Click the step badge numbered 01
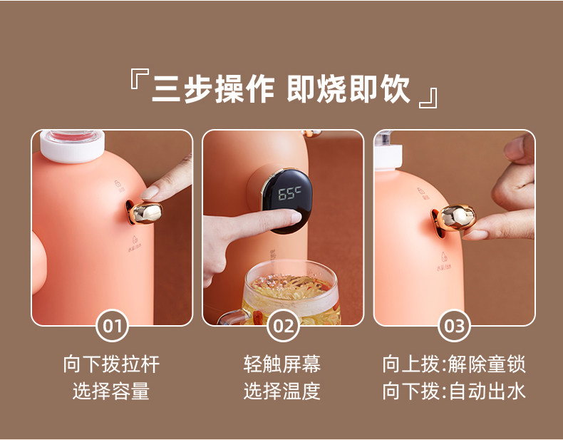click(x=112, y=327)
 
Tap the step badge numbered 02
click(x=283, y=327)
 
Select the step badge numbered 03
click(x=454, y=327)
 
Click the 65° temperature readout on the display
click(x=289, y=195)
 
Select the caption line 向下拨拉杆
click(x=111, y=364)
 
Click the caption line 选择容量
click(x=111, y=391)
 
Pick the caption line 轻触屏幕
click(x=282, y=364)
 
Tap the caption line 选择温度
click(x=282, y=391)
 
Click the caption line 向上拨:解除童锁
click(x=454, y=364)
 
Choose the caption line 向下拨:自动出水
click(x=454, y=391)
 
